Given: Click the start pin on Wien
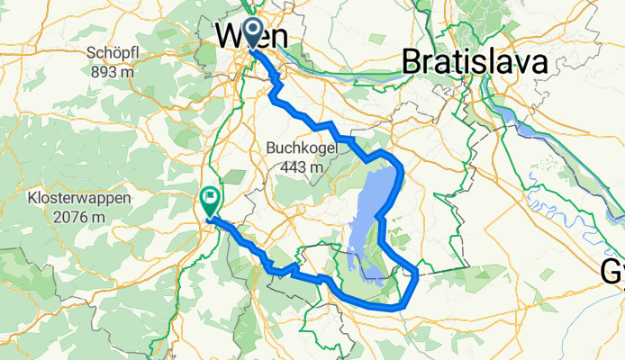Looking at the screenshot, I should pos(250,31).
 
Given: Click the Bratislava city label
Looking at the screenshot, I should pos(475,62).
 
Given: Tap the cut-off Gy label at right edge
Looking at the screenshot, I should pos(616,269).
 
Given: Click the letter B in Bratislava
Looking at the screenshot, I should pos(412,62).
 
